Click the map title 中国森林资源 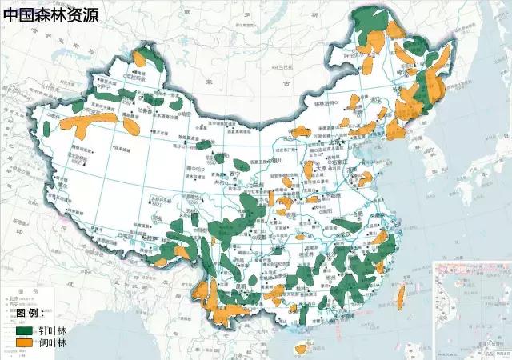[x=50, y=14]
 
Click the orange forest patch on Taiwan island [x=400, y=297]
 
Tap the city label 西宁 [x=233, y=174]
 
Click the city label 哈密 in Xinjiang [x=187, y=114]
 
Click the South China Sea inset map [x=471, y=308]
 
